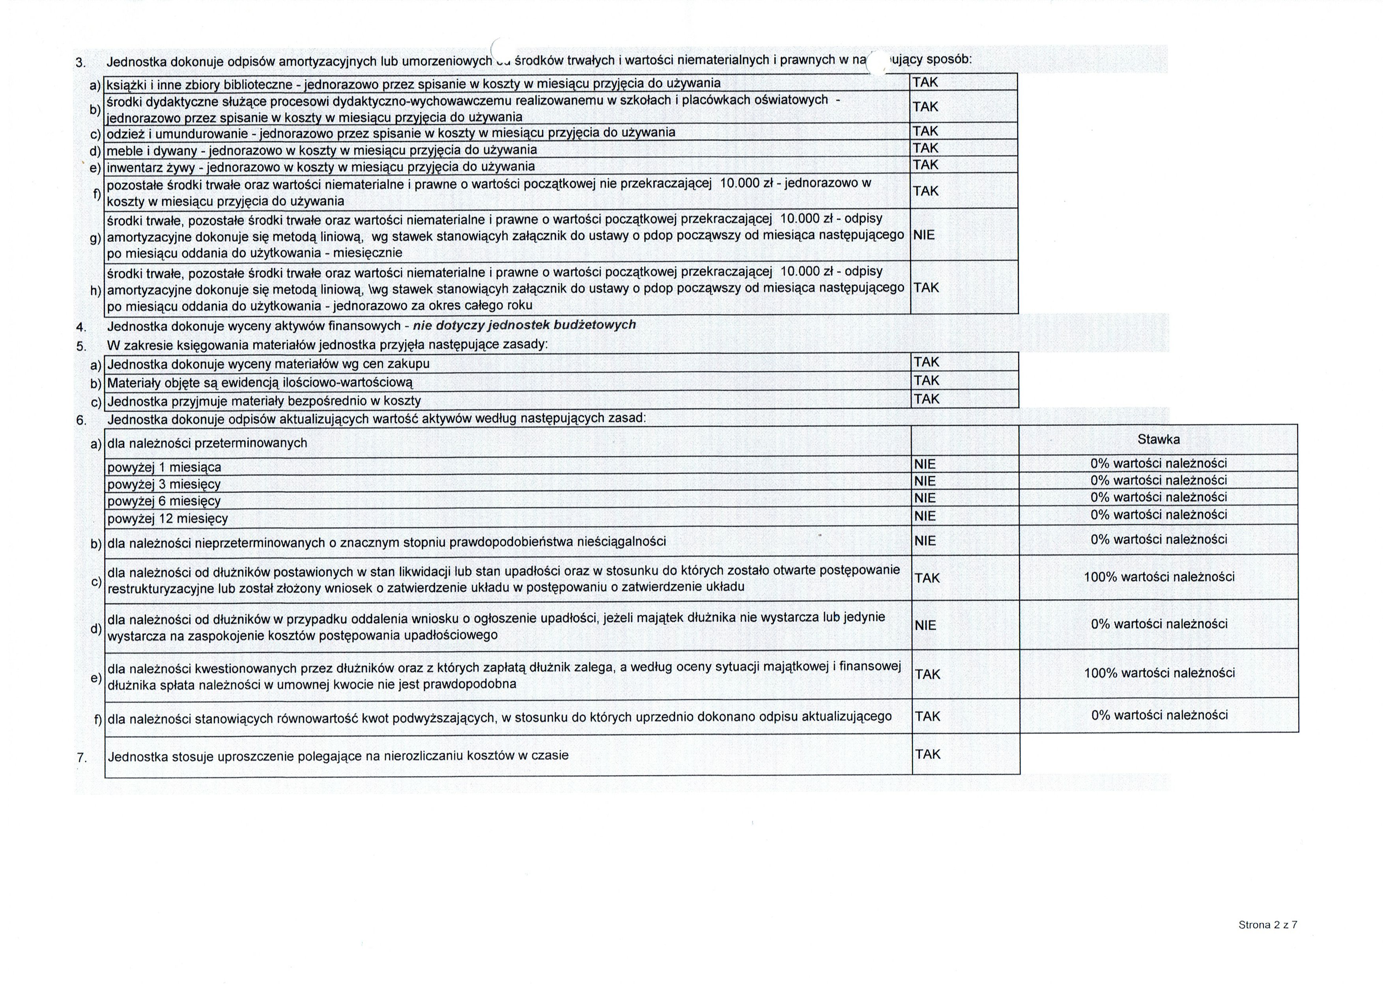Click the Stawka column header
point(1158,439)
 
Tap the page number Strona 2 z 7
point(1267,924)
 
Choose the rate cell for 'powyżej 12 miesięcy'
point(1158,515)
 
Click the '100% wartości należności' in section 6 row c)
point(1159,577)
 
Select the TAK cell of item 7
point(928,754)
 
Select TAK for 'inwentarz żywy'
point(925,165)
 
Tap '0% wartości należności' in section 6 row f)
point(1159,715)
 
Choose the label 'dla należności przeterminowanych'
point(207,444)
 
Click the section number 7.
point(81,757)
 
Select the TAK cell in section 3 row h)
point(926,288)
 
